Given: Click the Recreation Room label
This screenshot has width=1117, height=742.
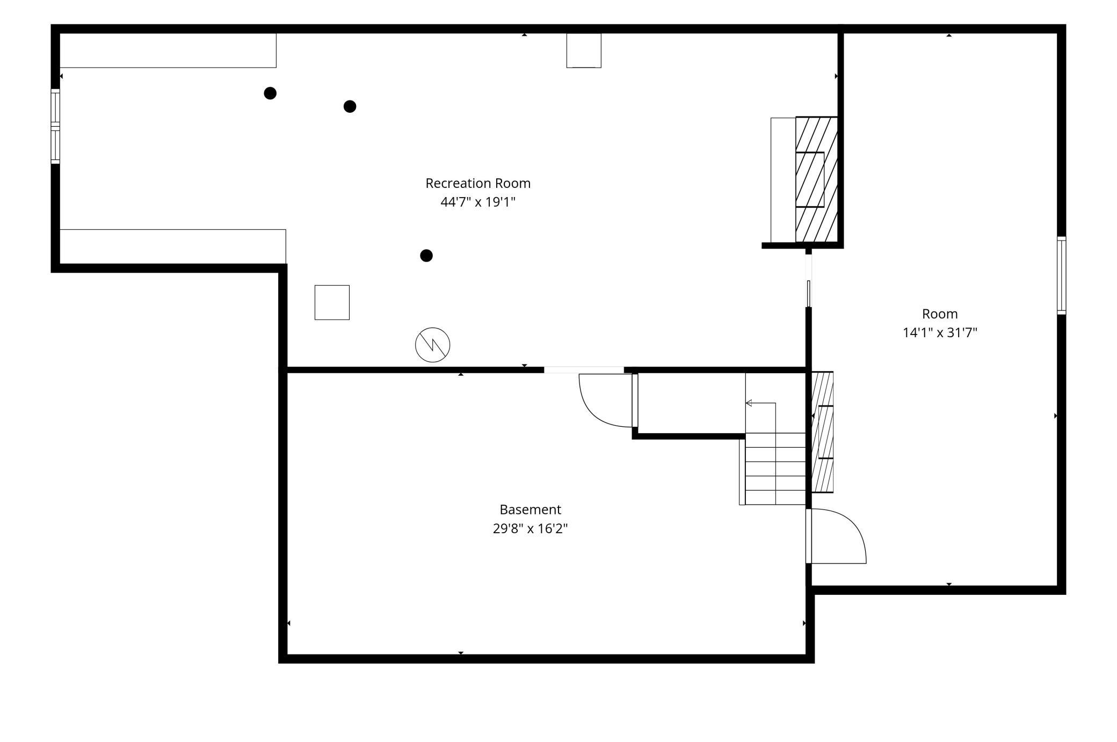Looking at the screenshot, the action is click(x=478, y=183).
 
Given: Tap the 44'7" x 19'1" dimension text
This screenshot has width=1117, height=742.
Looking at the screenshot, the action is click(x=478, y=202).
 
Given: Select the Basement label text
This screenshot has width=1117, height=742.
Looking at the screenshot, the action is click(x=530, y=510).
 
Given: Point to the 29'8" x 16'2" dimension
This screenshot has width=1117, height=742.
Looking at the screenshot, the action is click(x=530, y=528).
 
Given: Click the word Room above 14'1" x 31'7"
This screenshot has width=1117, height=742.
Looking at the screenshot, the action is click(x=940, y=314).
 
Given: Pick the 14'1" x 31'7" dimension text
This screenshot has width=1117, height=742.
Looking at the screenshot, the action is click(x=940, y=332).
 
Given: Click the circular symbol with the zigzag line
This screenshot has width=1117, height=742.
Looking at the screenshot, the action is click(x=432, y=345).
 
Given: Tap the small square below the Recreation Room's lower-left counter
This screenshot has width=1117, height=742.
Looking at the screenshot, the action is click(x=332, y=302).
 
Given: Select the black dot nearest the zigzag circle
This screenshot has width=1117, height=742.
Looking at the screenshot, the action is click(x=426, y=256).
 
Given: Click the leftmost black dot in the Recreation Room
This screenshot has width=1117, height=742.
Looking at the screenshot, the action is click(x=270, y=93).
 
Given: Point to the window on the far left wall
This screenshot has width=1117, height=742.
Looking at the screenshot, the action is click(x=55, y=126).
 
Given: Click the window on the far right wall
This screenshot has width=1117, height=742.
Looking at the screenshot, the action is click(x=1062, y=275).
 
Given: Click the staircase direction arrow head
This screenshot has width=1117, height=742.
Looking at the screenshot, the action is click(x=749, y=403).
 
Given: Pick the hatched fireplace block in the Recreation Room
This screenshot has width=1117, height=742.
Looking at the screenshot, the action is click(x=816, y=179).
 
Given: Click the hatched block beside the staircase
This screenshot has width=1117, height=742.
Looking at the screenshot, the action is click(x=822, y=432).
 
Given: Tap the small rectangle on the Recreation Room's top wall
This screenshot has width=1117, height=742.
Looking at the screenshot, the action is click(x=584, y=50).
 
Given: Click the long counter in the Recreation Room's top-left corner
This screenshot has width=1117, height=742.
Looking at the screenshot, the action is click(x=168, y=50).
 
